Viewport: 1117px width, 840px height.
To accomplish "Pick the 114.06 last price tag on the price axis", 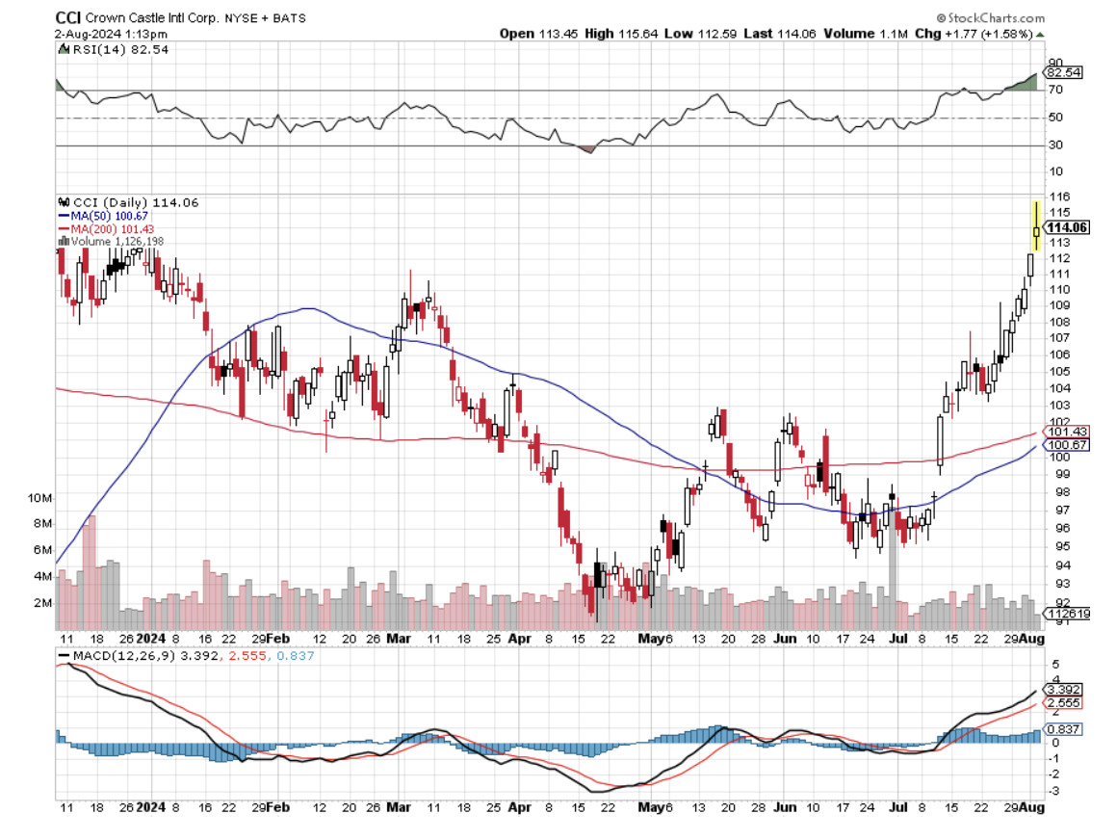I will pos(1067,227).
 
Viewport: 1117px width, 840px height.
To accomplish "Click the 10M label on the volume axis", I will pos(39,498).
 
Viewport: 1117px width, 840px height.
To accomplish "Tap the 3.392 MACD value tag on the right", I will pos(1066,690).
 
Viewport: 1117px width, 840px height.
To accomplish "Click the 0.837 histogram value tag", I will pos(1066,729).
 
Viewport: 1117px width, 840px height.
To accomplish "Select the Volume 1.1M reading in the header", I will pos(878,34).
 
